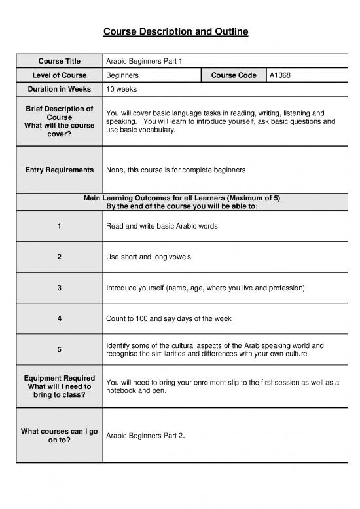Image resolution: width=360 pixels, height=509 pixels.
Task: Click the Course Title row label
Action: (59, 62)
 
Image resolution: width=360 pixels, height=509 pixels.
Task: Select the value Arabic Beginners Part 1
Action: (144, 62)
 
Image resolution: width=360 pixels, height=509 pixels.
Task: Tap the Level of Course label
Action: (59, 75)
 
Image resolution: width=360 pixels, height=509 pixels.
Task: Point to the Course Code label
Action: (234, 75)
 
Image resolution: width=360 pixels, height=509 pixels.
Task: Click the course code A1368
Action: (280, 75)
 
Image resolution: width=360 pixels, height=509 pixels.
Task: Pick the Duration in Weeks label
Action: (59, 89)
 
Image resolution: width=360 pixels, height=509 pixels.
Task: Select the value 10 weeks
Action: (121, 89)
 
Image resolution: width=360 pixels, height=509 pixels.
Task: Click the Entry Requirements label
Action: (59, 170)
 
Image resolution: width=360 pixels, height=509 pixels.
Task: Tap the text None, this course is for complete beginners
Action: (175, 170)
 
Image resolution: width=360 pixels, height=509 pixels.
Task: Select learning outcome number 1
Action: (59, 226)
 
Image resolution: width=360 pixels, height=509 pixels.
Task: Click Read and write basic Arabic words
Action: (161, 226)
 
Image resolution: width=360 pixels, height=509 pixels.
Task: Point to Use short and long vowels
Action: (148, 257)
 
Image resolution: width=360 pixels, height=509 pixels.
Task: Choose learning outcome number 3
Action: (59, 288)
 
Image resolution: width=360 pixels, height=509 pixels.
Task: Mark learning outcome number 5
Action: (59, 350)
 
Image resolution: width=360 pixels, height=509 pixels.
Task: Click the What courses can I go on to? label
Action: (59, 436)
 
